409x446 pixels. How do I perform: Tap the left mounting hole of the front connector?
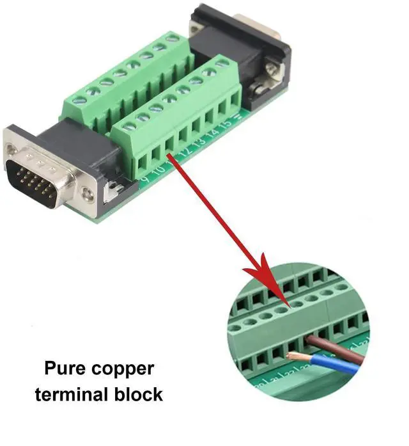tap(12, 150)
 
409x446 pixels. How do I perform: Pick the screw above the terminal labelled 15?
tap(222, 64)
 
